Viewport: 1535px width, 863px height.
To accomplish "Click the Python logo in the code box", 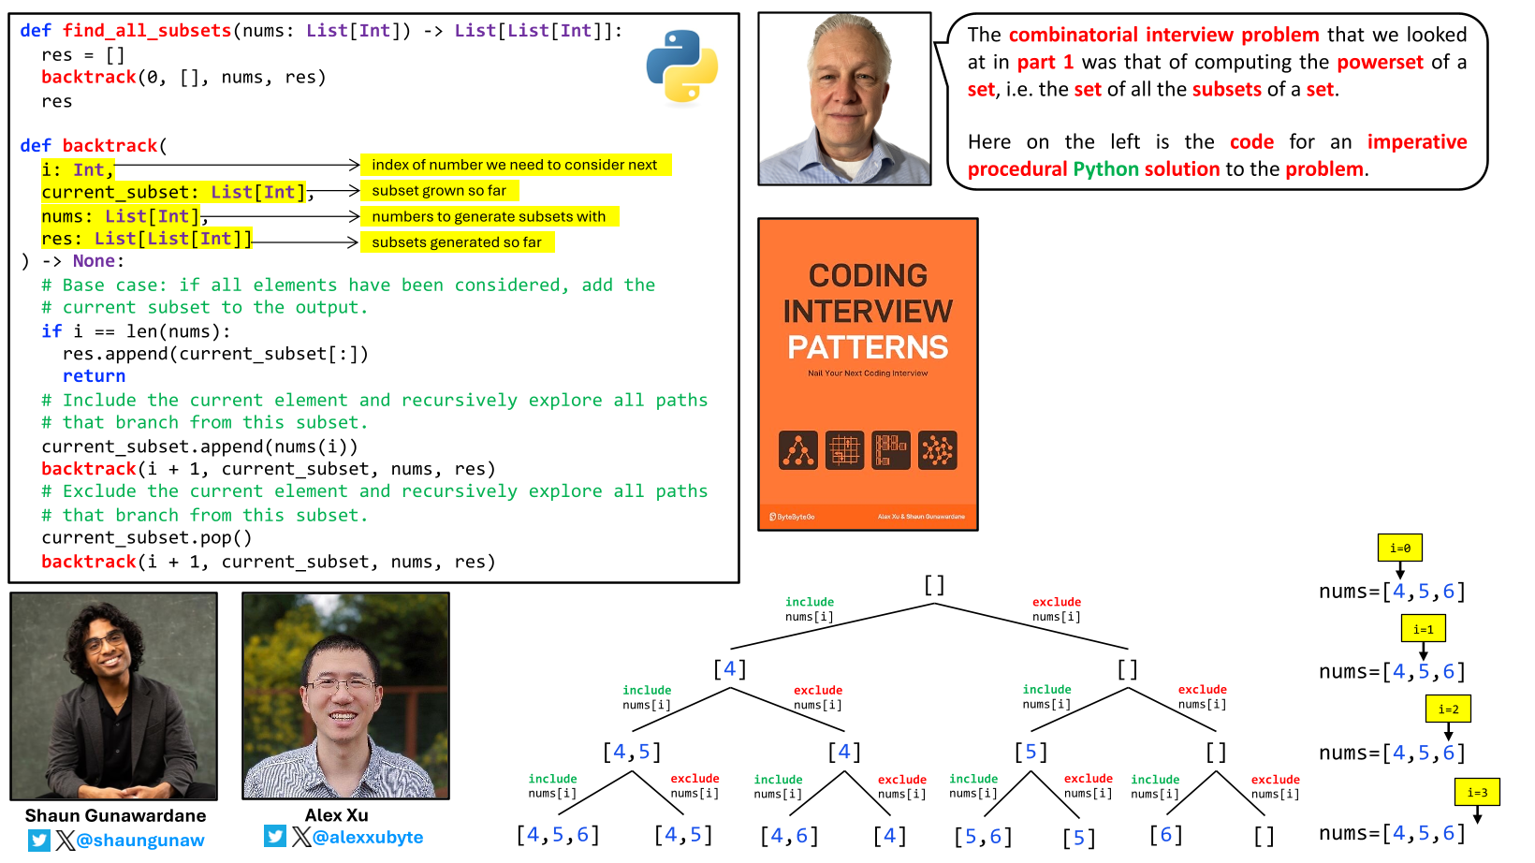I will tap(681, 66).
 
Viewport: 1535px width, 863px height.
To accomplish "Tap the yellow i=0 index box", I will tap(1399, 549).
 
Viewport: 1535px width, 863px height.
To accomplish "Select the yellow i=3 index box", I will tap(1477, 793).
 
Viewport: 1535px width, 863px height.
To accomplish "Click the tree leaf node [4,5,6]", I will tap(558, 835).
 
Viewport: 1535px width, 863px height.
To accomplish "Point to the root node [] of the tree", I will tap(934, 585).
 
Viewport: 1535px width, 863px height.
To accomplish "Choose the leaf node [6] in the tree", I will tap(1165, 835).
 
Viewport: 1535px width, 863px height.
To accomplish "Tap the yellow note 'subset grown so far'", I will tap(439, 191).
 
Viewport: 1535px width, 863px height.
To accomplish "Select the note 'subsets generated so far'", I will tap(457, 242).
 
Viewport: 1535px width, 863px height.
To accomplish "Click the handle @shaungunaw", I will tap(140, 841).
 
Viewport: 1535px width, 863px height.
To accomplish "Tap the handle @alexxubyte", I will tap(368, 837).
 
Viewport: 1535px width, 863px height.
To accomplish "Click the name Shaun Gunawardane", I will tap(115, 815).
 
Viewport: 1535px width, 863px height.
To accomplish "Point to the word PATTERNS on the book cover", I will tap(868, 348).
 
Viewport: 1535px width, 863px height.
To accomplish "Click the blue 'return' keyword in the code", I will tap(94, 376).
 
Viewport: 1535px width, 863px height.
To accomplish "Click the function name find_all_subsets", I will tap(147, 31).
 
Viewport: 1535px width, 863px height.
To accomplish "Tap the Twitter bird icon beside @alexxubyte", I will tap(274, 836).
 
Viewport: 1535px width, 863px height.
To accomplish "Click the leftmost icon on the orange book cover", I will tap(798, 450).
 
